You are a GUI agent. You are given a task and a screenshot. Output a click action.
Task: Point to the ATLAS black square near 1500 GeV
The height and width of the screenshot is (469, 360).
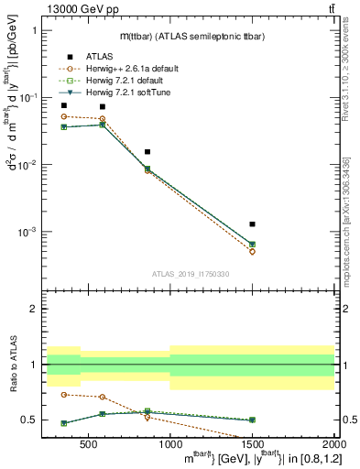pyautogui.click(x=252, y=224)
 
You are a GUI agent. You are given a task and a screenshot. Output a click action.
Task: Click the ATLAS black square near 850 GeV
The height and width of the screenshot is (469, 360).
pyautogui.click(x=147, y=151)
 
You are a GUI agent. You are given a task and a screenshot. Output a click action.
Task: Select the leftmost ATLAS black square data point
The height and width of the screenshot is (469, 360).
pyautogui.click(x=63, y=105)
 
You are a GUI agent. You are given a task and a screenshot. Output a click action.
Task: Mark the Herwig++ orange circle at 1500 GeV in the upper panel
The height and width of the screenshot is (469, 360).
pyautogui.click(x=252, y=251)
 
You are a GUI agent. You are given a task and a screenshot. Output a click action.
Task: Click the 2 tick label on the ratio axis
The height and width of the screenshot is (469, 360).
pyautogui.click(x=33, y=309)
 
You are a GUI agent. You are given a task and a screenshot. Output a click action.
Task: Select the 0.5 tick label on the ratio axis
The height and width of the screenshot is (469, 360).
pyautogui.click(x=30, y=420)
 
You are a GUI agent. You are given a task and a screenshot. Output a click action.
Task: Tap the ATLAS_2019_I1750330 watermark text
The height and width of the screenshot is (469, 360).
pyautogui.click(x=189, y=274)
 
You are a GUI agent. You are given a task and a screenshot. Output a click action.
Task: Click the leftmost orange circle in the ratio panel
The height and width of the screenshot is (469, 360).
pyautogui.click(x=63, y=394)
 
